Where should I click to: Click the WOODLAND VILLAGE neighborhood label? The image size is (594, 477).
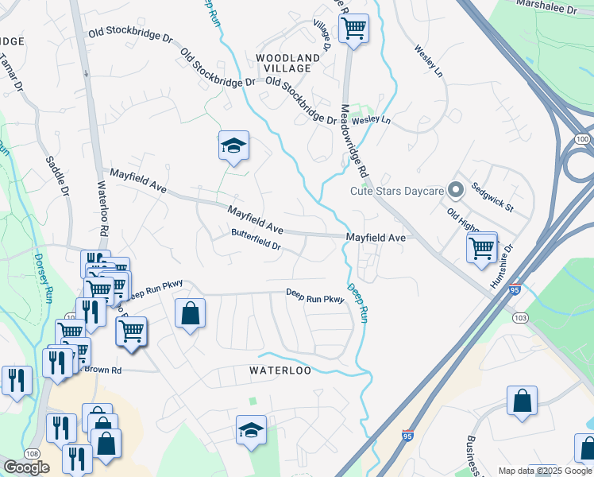click(287, 64)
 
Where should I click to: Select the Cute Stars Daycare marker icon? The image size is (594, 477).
click(456, 190)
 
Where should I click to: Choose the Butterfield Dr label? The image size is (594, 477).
click(256, 239)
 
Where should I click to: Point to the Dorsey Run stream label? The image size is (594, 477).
click(42, 278)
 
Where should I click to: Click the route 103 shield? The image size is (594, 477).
click(520, 318)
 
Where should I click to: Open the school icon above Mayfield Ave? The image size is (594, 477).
click(233, 145)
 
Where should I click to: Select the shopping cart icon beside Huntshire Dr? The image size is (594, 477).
click(482, 248)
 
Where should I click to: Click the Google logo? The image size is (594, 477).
click(26, 467)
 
